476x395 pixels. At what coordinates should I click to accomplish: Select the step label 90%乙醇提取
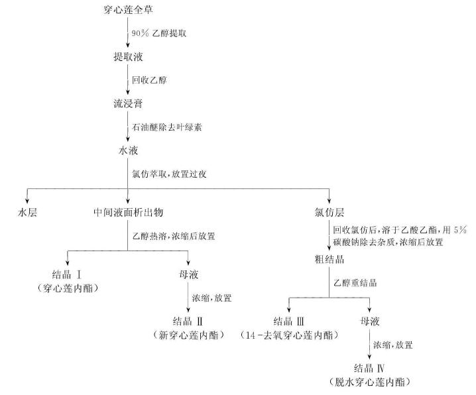coord(159,32)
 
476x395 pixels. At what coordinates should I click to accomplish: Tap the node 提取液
coord(127,56)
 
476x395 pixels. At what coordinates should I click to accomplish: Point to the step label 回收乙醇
coord(150,80)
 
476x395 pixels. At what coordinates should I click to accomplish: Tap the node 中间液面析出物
coord(129,212)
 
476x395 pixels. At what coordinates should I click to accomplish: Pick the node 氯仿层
coord(329,212)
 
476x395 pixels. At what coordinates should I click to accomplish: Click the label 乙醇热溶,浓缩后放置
coord(173,235)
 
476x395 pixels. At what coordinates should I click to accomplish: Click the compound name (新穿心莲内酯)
coord(188,335)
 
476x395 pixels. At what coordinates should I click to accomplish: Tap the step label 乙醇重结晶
coord(355,282)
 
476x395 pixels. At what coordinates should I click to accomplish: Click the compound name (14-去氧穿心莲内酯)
coord(290,335)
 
